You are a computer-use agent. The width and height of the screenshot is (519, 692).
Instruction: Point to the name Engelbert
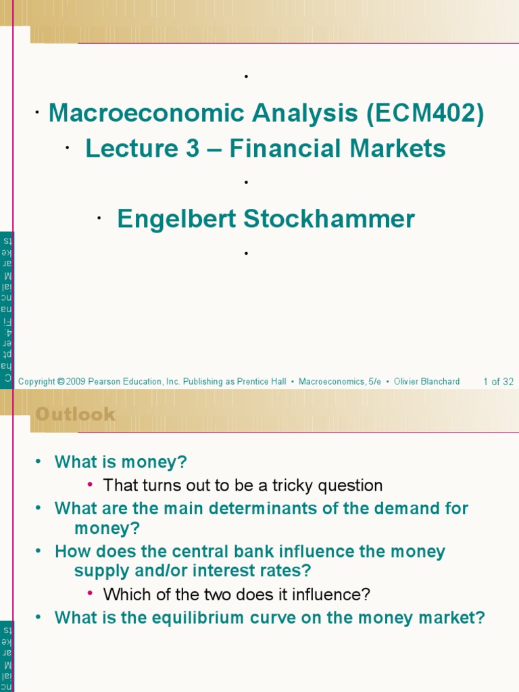tap(176, 219)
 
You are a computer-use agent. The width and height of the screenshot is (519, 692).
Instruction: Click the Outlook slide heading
tap(75, 414)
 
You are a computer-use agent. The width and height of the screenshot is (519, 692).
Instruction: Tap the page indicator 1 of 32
tap(498, 382)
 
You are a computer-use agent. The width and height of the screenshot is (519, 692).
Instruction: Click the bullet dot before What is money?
tap(39, 463)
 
